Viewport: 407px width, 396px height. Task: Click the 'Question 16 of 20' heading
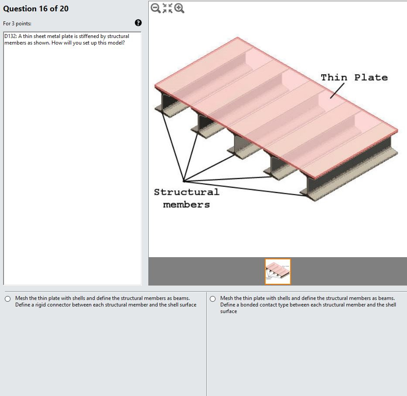36,9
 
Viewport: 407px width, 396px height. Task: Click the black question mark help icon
138,23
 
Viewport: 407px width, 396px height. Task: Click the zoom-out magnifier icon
155,8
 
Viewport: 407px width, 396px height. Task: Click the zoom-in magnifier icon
179,8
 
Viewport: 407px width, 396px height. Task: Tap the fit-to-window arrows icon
167,8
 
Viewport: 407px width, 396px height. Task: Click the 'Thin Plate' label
354,78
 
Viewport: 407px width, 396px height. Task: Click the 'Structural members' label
186,198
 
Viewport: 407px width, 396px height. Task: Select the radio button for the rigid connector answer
7,299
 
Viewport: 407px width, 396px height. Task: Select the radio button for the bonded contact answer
212,299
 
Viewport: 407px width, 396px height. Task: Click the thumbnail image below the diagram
277,271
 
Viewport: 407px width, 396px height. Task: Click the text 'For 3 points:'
17,23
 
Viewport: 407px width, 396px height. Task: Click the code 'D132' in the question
10,36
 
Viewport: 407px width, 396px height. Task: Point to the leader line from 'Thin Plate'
337,91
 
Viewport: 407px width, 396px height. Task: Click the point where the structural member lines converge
184,181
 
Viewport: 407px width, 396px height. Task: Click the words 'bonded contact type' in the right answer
266,305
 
